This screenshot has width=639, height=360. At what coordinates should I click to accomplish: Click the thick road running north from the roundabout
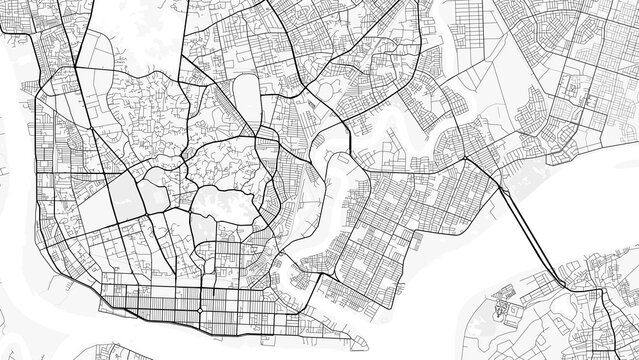pos(205,270)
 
